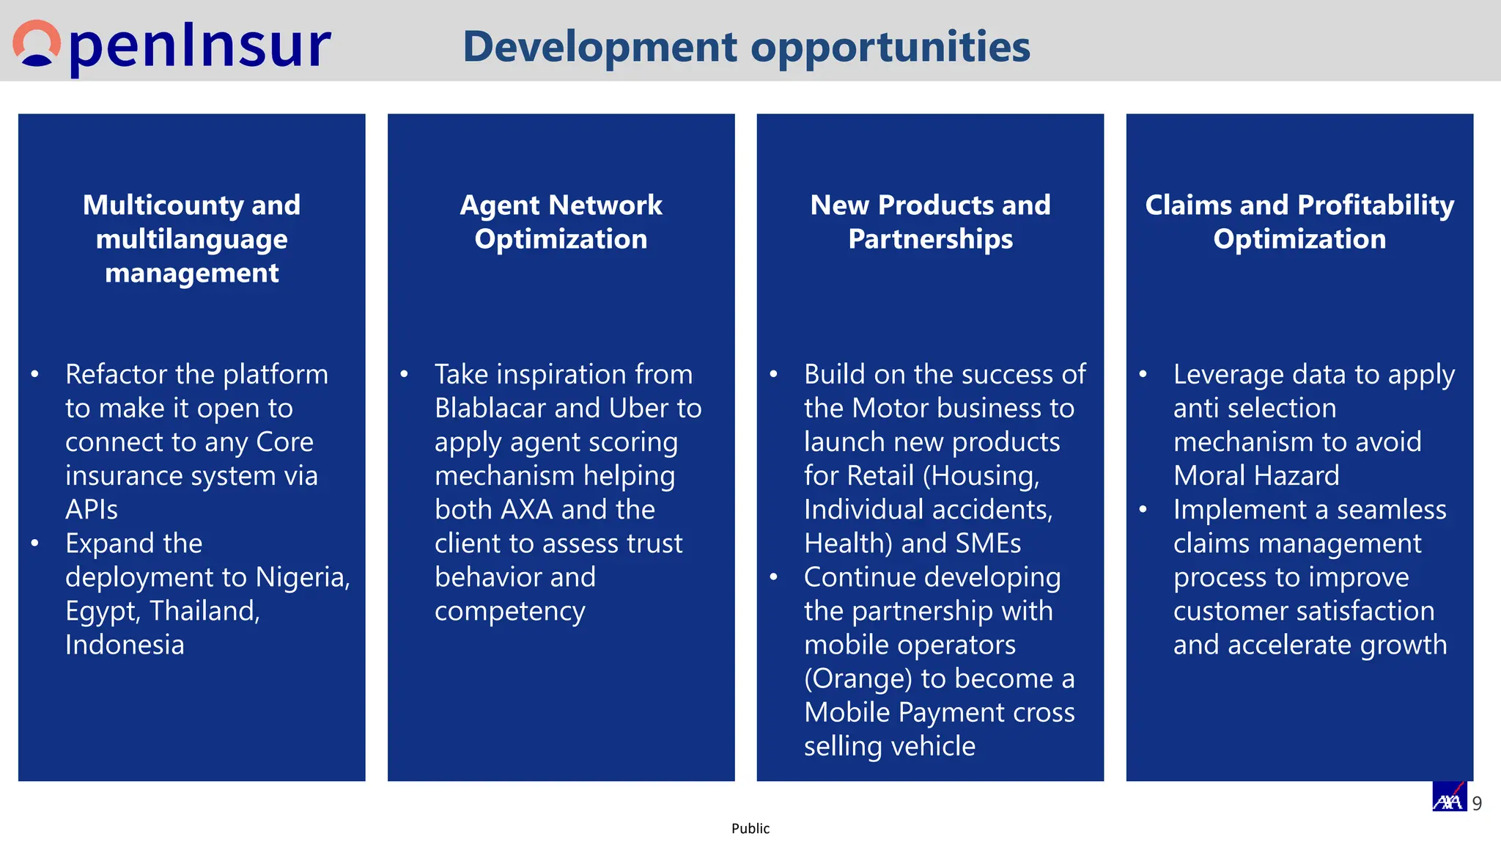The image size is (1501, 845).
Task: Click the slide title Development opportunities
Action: [746, 47]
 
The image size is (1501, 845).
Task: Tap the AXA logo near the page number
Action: [1449, 797]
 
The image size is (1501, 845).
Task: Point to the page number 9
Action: [1477, 804]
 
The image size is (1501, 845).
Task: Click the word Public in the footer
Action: [750, 829]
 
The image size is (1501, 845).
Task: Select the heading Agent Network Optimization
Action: [561, 222]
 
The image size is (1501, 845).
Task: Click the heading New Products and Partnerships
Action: [930, 222]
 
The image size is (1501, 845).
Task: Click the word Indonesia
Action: [125, 645]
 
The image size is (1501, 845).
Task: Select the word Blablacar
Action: [491, 408]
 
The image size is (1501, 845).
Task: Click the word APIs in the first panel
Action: [92, 510]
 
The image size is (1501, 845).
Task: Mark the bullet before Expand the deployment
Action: [34, 544]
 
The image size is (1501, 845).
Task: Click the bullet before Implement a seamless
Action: [1143, 510]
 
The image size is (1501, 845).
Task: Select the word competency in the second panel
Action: [510, 611]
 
